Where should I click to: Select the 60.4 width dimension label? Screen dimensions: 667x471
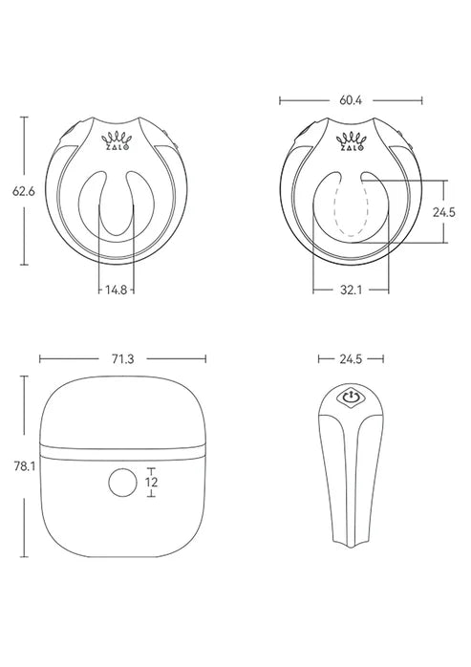point(350,98)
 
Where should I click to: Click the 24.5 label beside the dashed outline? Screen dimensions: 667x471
point(442,212)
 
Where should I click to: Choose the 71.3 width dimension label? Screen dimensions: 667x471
point(123,359)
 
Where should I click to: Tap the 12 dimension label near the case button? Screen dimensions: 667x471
point(151,484)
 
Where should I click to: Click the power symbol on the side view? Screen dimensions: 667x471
point(351,395)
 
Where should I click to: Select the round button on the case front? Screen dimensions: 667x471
point(123,484)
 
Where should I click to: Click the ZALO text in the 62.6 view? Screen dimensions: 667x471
point(117,149)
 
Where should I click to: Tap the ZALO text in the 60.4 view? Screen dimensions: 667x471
point(351,149)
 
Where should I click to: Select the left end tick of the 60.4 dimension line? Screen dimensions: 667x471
point(280,98)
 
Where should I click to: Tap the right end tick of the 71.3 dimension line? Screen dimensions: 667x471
point(205,359)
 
